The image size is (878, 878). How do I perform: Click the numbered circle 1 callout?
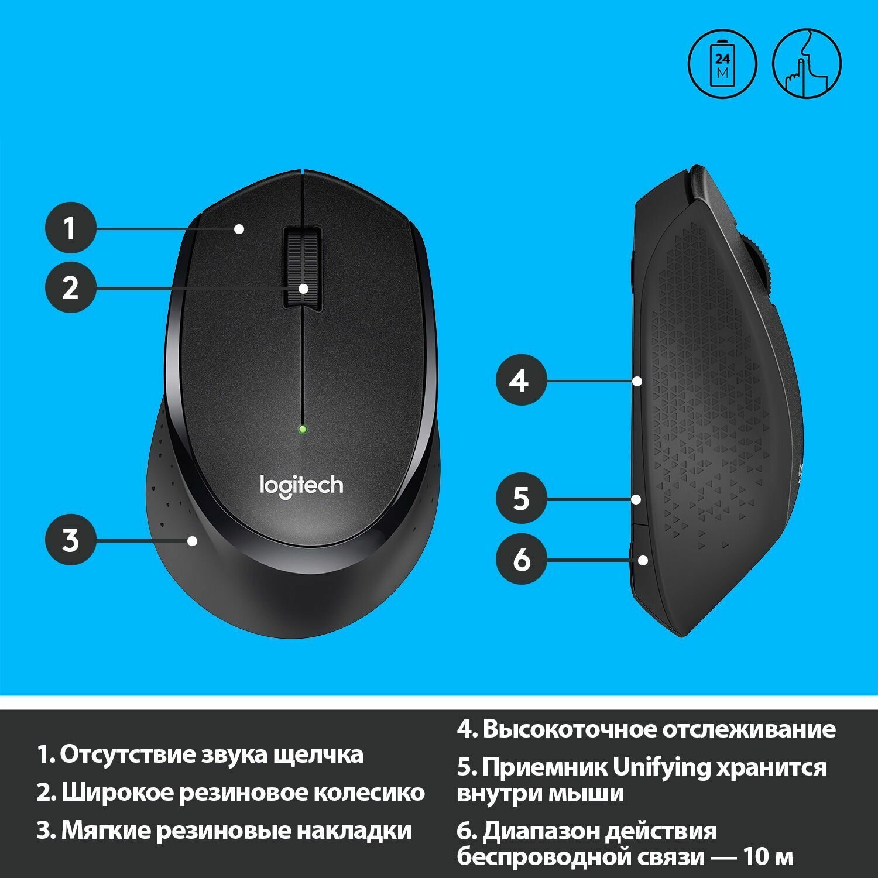click(x=71, y=228)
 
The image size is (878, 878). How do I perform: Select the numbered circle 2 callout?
click(x=71, y=288)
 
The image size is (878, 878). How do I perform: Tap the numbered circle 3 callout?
click(x=71, y=540)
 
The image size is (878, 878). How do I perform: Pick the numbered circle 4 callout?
click(x=521, y=381)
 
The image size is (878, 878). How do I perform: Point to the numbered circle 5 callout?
click(x=521, y=499)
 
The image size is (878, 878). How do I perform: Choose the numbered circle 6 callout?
click(x=521, y=558)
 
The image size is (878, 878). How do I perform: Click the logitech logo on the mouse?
click(x=301, y=486)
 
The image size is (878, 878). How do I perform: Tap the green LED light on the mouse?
click(x=302, y=429)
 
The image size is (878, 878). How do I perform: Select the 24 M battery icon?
click(x=722, y=64)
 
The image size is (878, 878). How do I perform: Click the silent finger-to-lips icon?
click(x=807, y=64)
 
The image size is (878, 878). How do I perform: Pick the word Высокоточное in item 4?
click(x=570, y=729)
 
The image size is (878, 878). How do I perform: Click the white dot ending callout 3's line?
click(x=193, y=540)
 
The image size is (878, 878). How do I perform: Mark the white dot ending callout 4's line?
click(x=637, y=381)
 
